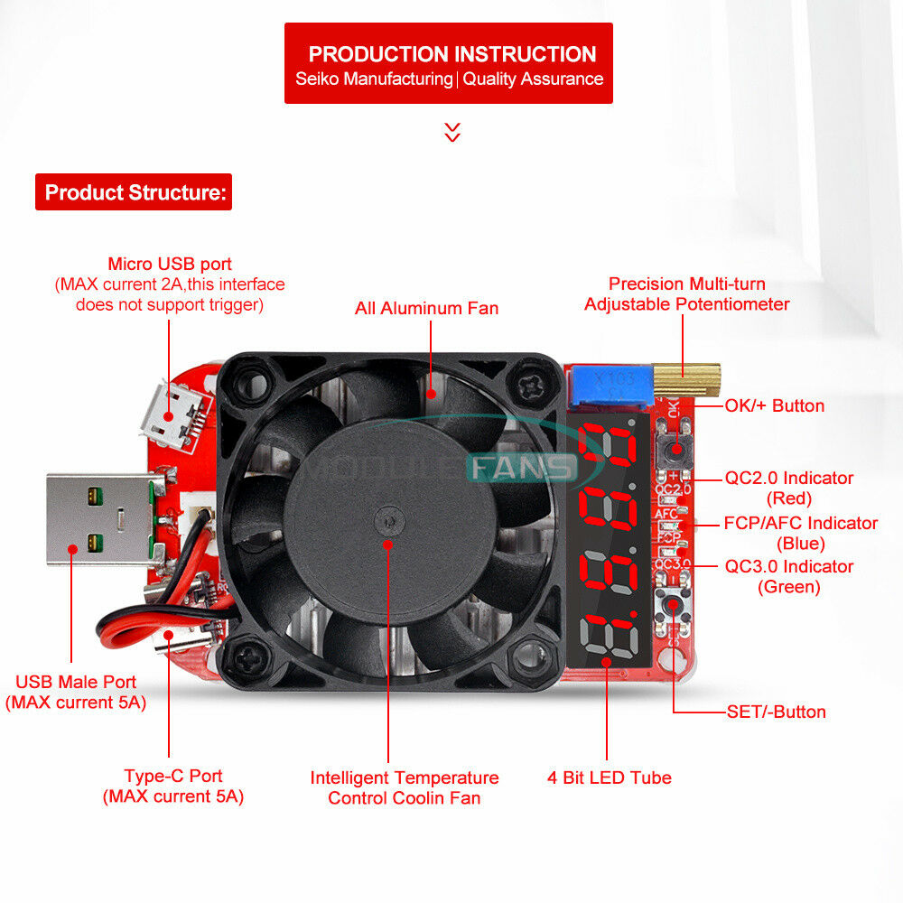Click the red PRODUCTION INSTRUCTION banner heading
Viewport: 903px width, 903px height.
click(449, 63)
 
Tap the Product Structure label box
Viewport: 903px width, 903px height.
click(134, 191)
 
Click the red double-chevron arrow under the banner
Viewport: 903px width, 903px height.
click(452, 132)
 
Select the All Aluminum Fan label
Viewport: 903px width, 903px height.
click(427, 308)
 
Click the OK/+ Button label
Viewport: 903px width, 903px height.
click(775, 405)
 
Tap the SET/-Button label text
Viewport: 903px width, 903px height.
click(777, 712)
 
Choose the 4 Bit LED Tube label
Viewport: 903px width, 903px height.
click(610, 777)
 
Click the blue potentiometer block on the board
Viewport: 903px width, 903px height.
click(610, 387)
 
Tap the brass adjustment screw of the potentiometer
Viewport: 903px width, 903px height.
click(686, 379)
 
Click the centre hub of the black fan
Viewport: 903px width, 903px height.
click(389, 521)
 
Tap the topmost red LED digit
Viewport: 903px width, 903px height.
click(608, 444)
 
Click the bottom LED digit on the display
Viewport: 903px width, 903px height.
click(610, 636)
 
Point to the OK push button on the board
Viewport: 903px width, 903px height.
click(675, 449)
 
